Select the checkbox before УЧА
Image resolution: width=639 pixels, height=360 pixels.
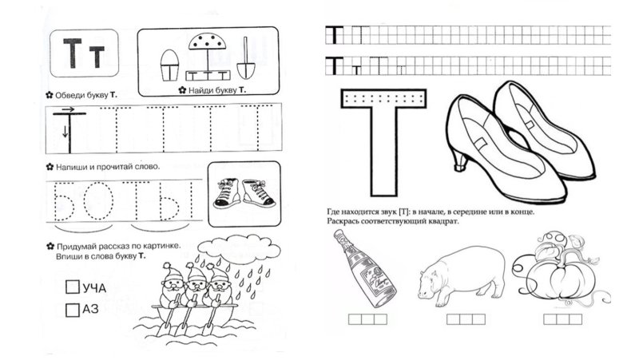click(x=72, y=287)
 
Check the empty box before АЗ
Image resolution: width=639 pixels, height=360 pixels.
click(x=72, y=310)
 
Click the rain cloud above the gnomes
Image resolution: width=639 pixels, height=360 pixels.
click(x=239, y=247)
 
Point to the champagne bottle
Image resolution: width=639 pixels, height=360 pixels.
click(x=364, y=268)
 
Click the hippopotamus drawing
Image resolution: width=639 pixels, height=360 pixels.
click(x=461, y=276)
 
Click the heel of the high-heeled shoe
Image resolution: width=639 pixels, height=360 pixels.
click(x=460, y=159)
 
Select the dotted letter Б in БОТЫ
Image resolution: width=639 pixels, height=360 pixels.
click(x=64, y=201)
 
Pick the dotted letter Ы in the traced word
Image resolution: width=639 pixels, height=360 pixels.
click(x=176, y=201)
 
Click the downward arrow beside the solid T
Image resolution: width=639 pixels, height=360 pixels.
click(x=65, y=132)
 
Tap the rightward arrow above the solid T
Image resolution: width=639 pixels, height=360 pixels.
click(x=68, y=109)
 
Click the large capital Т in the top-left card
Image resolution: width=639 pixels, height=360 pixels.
click(x=73, y=53)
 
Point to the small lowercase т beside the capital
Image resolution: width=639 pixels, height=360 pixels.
click(x=97, y=57)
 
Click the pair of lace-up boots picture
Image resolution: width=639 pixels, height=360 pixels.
click(x=244, y=193)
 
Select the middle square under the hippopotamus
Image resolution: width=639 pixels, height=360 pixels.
click(x=466, y=319)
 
